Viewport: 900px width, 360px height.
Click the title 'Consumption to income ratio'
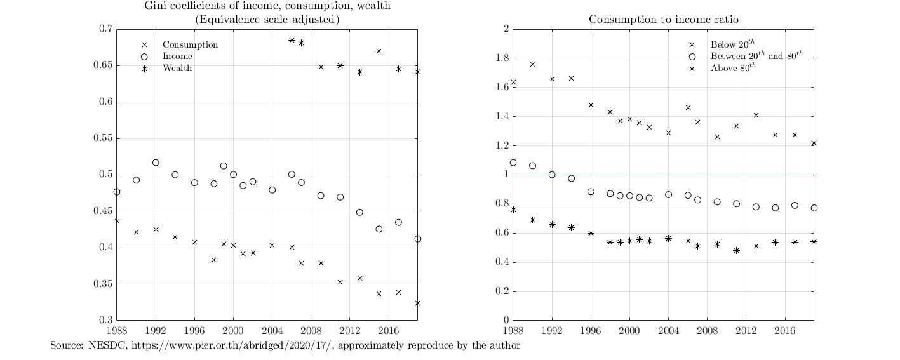[663, 19]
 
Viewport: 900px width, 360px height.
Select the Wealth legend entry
[177, 68]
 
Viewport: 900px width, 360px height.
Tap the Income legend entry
[177, 57]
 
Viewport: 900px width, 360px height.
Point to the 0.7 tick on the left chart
[105, 29]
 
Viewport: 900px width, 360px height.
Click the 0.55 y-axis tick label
[103, 138]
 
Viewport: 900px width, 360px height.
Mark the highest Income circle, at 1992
[156, 163]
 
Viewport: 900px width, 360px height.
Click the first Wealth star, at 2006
[292, 40]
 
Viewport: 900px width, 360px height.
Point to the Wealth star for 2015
[379, 51]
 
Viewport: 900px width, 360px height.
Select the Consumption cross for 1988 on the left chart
[117, 221]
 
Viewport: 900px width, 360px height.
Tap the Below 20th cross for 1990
[532, 64]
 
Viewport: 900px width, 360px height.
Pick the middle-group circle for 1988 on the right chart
[513, 163]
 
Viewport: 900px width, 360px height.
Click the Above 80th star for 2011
[736, 250]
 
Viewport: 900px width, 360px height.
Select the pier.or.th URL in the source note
[210, 346]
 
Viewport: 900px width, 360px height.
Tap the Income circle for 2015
[379, 229]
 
